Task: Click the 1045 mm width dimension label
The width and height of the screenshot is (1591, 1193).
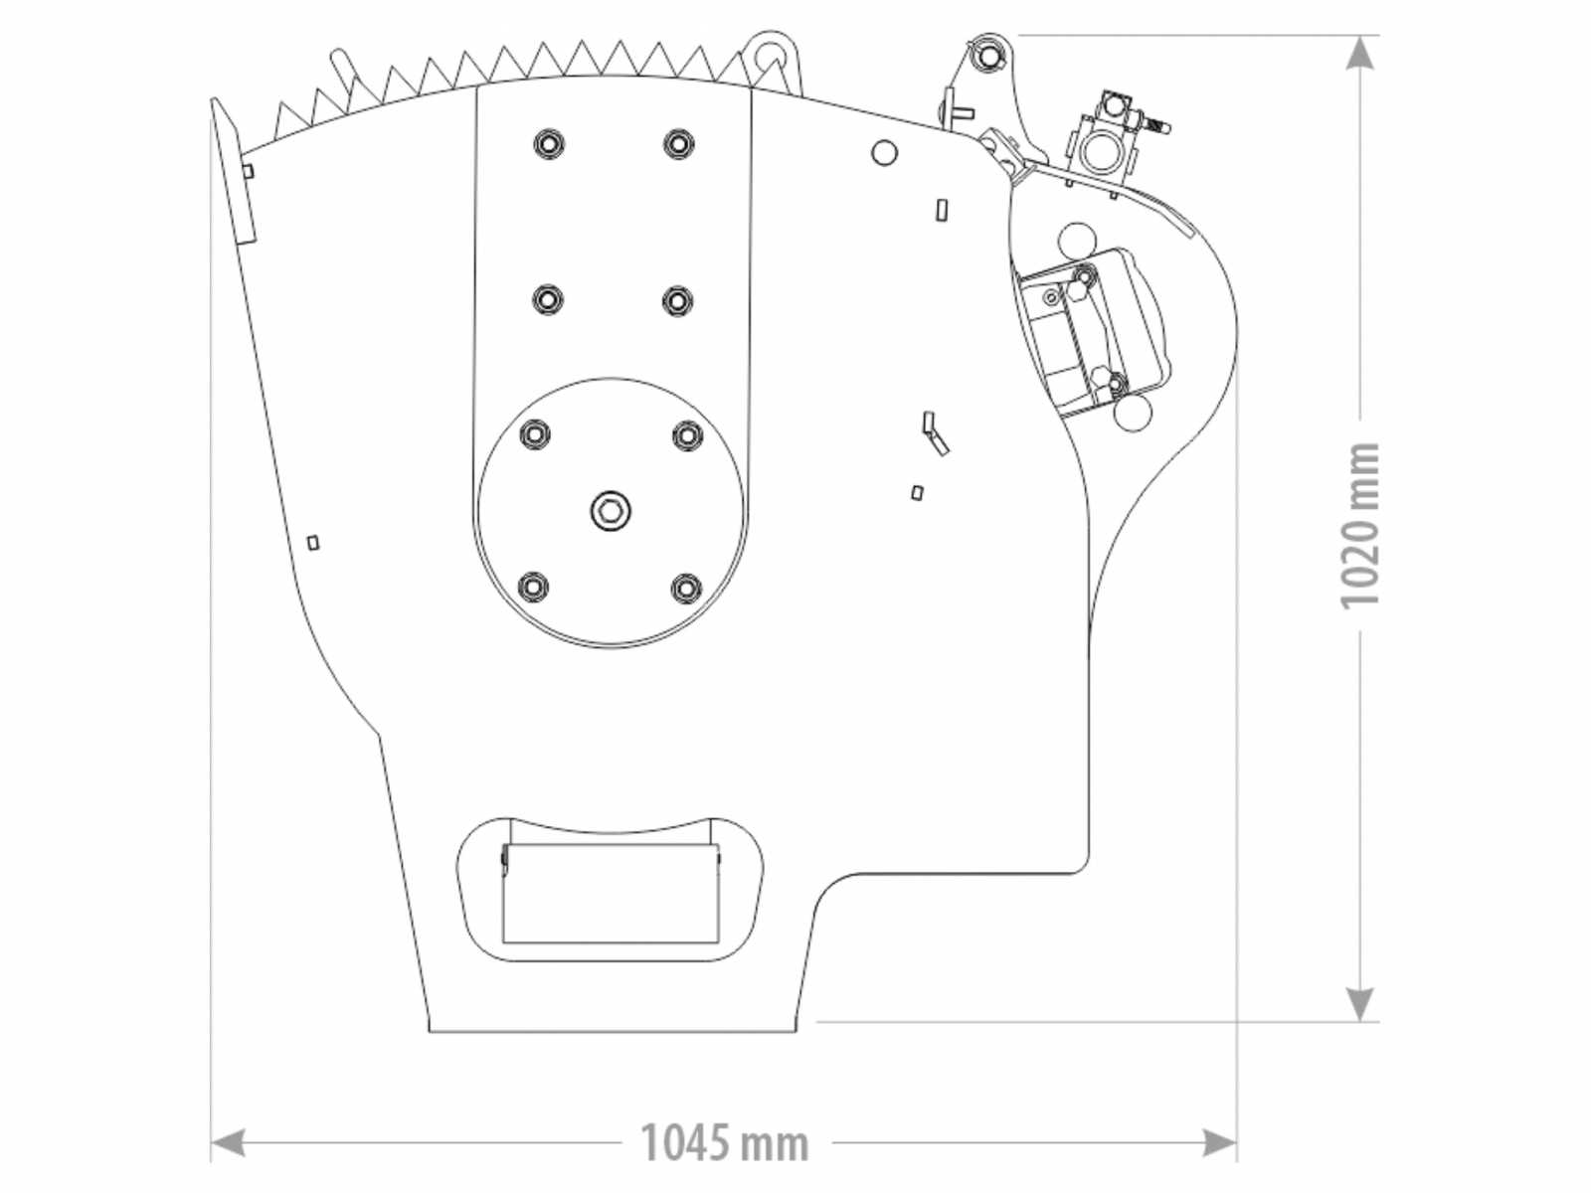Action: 724,1143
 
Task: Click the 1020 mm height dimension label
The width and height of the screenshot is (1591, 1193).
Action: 1359,526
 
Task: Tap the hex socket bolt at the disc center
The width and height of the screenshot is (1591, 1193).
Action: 611,511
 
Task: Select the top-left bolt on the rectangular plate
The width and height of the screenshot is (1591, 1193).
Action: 548,143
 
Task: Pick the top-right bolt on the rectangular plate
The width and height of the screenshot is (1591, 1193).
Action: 678,143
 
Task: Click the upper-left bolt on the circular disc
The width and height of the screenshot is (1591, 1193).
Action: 535,434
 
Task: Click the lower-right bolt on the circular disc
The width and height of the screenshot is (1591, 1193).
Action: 686,587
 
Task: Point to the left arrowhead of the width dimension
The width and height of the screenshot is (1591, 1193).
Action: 228,1143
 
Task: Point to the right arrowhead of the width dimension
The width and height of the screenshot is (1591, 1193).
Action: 1219,1143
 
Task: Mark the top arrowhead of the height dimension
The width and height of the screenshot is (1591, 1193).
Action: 1359,52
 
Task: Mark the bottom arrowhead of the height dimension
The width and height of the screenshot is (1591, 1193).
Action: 1359,1004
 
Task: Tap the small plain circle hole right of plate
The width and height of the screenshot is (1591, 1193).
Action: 884,153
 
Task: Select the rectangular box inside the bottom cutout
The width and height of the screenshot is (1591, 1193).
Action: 611,893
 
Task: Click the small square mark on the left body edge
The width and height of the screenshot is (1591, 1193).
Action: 313,543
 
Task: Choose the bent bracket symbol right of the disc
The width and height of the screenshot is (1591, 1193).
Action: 935,433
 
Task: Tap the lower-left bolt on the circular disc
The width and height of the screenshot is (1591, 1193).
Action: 535,587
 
